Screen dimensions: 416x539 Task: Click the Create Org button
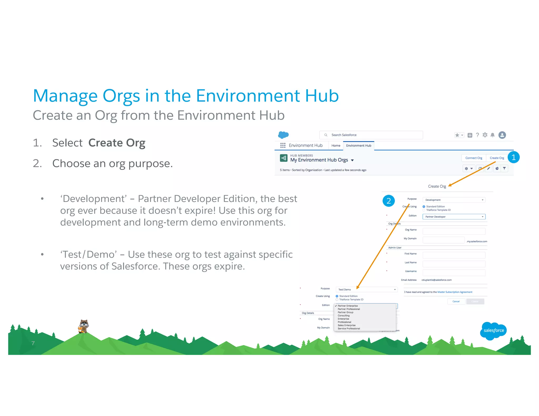click(x=497, y=158)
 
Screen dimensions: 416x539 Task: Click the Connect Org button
click(x=473, y=158)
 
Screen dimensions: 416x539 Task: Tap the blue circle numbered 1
click(x=513, y=157)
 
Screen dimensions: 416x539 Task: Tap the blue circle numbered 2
click(x=388, y=201)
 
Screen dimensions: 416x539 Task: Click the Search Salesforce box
click(x=371, y=135)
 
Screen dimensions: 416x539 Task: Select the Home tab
click(x=336, y=145)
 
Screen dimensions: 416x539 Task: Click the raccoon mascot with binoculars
click(x=84, y=326)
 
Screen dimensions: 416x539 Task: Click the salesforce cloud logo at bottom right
click(x=493, y=331)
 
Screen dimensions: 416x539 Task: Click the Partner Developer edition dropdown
click(x=454, y=217)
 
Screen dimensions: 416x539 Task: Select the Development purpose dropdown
click(x=454, y=200)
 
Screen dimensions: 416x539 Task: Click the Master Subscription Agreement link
click(x=455, y=292)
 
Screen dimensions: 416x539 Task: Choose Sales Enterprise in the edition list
click(x=346, y=325)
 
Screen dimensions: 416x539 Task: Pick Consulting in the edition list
click(x=343, y=316)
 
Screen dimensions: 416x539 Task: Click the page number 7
click(x=33, y=343)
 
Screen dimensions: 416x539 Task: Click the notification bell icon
click(x=492, y=135)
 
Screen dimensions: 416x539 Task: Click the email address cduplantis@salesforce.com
click(x=436, y=280)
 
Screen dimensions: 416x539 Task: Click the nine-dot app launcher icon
click(x=283, y=145)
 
